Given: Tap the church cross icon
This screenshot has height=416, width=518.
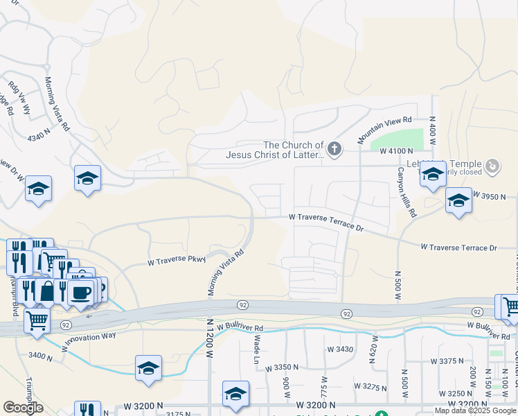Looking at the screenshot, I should [x=334, y=149].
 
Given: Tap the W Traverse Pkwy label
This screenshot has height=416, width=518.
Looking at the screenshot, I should [x=177, y=261].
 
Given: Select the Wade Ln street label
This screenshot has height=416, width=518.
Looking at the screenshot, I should [x=256, y=346].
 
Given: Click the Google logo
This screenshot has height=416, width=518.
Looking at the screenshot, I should [x=23, y=408].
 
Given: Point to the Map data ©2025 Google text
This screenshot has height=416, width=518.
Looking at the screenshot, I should [x=476, y=410].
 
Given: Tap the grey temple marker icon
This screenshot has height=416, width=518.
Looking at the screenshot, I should [x=492, y=166].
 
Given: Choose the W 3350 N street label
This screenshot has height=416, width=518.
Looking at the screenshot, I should [x=281, y=367].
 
